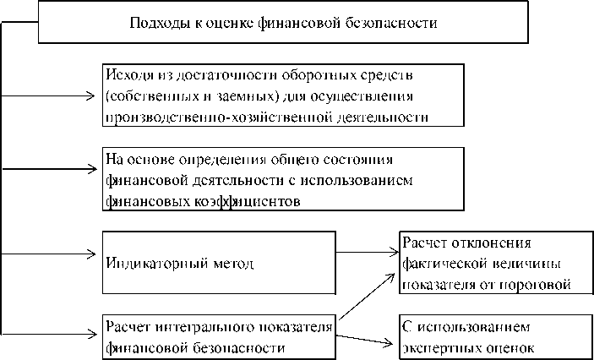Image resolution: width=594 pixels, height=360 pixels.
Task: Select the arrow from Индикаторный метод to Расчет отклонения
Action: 367,251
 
